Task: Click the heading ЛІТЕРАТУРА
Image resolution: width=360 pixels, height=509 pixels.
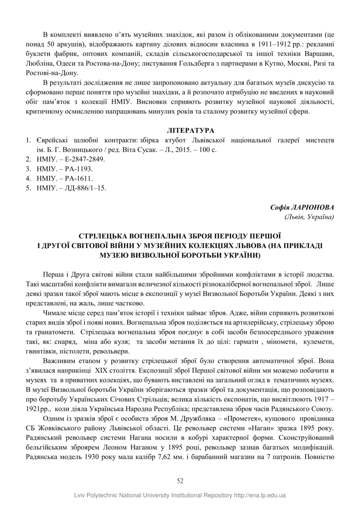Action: click(190, 131)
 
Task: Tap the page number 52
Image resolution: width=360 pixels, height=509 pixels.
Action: click(180, 481)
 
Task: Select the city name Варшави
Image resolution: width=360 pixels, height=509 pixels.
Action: click(320, 54)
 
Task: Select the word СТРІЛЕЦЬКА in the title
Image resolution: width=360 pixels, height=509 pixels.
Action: click(103, 236)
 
